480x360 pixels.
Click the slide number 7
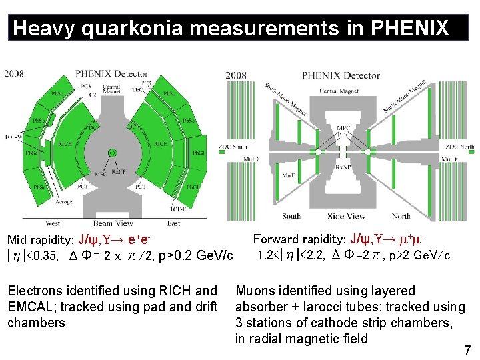click(x=467, y=350)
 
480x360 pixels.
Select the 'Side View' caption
click(x=346, y=217)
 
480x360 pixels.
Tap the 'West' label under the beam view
click(x=53, y=223)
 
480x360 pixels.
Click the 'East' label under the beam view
click(x=174, y=223)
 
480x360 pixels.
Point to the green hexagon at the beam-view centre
click(x=113, y=153)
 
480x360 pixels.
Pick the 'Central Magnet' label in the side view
click(x=339, y=91)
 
